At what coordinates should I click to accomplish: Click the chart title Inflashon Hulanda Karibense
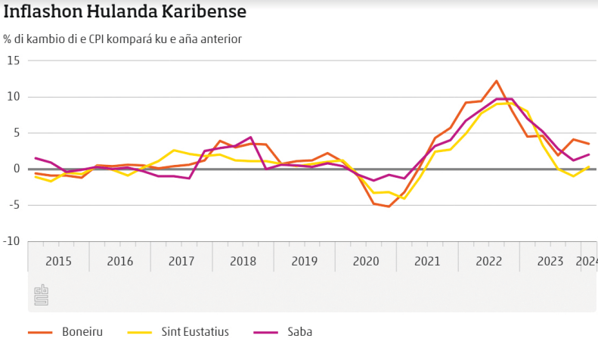125,13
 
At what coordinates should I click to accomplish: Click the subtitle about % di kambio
122,39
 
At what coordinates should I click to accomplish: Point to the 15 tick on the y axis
14,61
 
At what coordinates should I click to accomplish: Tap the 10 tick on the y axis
14,97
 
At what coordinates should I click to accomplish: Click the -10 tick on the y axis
12,241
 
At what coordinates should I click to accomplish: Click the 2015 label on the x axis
58,261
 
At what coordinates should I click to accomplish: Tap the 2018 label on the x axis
243,261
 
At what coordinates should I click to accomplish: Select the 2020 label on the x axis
365,261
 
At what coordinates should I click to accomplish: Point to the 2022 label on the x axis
488,261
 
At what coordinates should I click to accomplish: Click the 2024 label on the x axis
587,261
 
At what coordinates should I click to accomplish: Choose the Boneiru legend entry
82,331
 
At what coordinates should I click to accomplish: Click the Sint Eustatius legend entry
194,331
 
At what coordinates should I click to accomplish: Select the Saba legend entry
299,331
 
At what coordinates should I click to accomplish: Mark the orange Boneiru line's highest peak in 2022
496,81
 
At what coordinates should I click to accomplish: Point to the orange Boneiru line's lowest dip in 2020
389,206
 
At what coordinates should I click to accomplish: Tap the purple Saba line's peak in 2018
250,138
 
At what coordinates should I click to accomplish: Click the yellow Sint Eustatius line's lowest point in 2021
404,198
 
